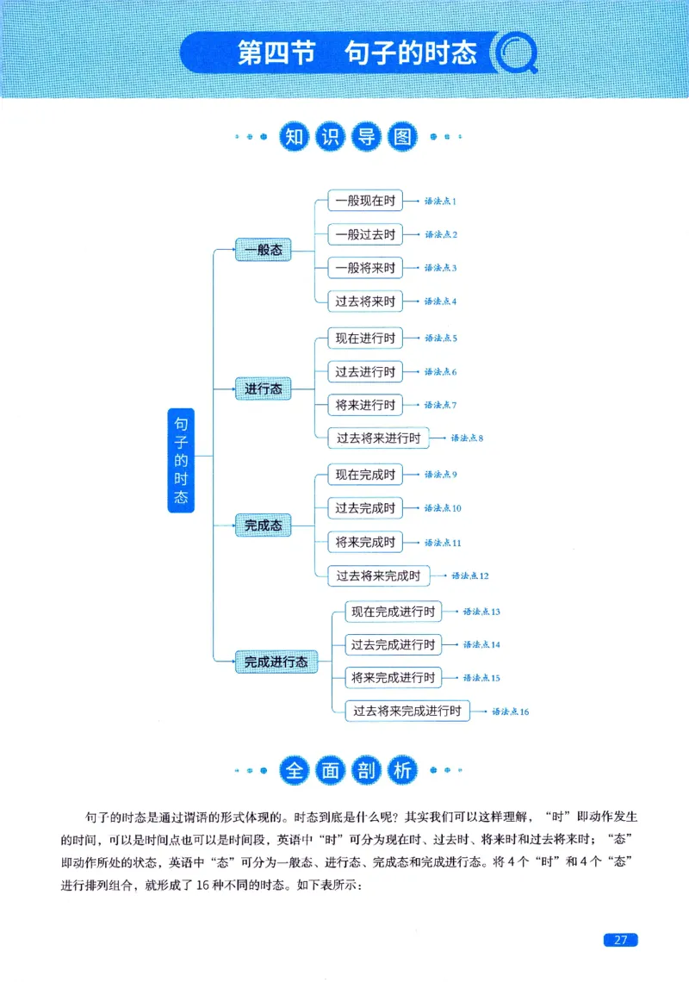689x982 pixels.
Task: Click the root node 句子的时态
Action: click(181, 461)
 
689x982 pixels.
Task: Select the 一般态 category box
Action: click(263, 250)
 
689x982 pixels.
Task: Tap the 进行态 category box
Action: click(263, 389)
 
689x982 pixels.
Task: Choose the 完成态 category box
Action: click(263, 525)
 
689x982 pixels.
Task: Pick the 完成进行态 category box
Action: click(276, 662)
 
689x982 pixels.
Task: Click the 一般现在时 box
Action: click(365, 201)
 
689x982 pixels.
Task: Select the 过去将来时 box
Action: click(365, 301)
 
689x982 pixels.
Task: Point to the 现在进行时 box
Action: click(365, 338)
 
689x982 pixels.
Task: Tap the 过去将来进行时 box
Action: click(378, 438)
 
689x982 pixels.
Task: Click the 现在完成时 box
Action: click(365, 475)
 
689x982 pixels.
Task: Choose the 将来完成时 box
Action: click(365, 542)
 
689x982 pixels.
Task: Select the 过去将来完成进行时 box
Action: click(407, 711)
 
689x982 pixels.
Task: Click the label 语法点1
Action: click(440, 202)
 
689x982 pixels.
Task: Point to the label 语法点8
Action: click(467, 438)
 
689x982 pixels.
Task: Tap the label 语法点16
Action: click(510, 712)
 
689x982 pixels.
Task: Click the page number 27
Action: click(620, 940)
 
